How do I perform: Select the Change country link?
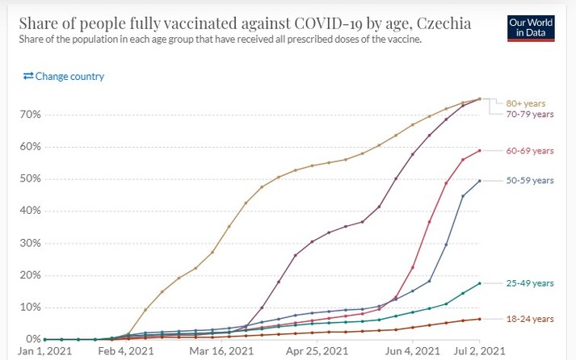click(64, 77)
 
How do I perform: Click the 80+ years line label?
click(526, 103)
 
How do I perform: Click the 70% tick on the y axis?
click(31, 115)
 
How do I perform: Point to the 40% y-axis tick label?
click(31, 211)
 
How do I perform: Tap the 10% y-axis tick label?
click(31, 307)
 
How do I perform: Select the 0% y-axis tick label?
click(33, 339)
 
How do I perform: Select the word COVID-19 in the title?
click(300, 24)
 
